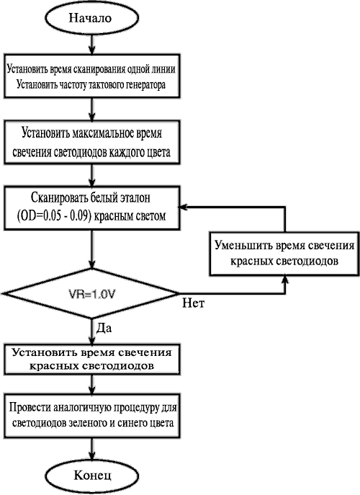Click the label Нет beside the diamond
tap(194, 303)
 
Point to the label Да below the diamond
tap(104, 329)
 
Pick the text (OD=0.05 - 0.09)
tap(53, 216)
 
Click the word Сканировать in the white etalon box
tap(58, 198)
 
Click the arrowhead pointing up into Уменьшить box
tap(286, 281)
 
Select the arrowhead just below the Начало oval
tap(92, 49)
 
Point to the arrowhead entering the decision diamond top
tap(92, 264)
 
